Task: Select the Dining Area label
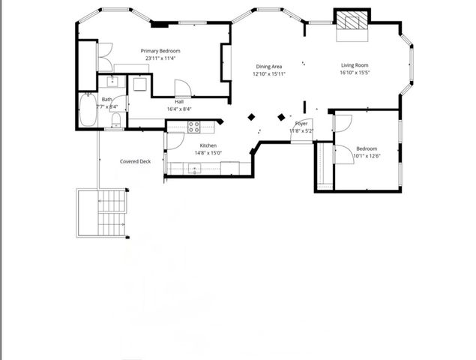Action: tap(268, 67)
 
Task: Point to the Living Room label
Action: tap(356, 65)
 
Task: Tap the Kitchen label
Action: tap(208, 145)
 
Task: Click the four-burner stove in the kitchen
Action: tap(193, 126)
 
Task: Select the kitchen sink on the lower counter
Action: tap(194, 168)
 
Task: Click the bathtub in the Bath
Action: tap(87, 110)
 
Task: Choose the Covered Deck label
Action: tap(135, 161)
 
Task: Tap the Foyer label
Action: tap(301, 124)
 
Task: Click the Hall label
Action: tap(179, 102)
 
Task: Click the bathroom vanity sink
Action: tap(112, 82)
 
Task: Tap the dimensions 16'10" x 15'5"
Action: tap(356, 73)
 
